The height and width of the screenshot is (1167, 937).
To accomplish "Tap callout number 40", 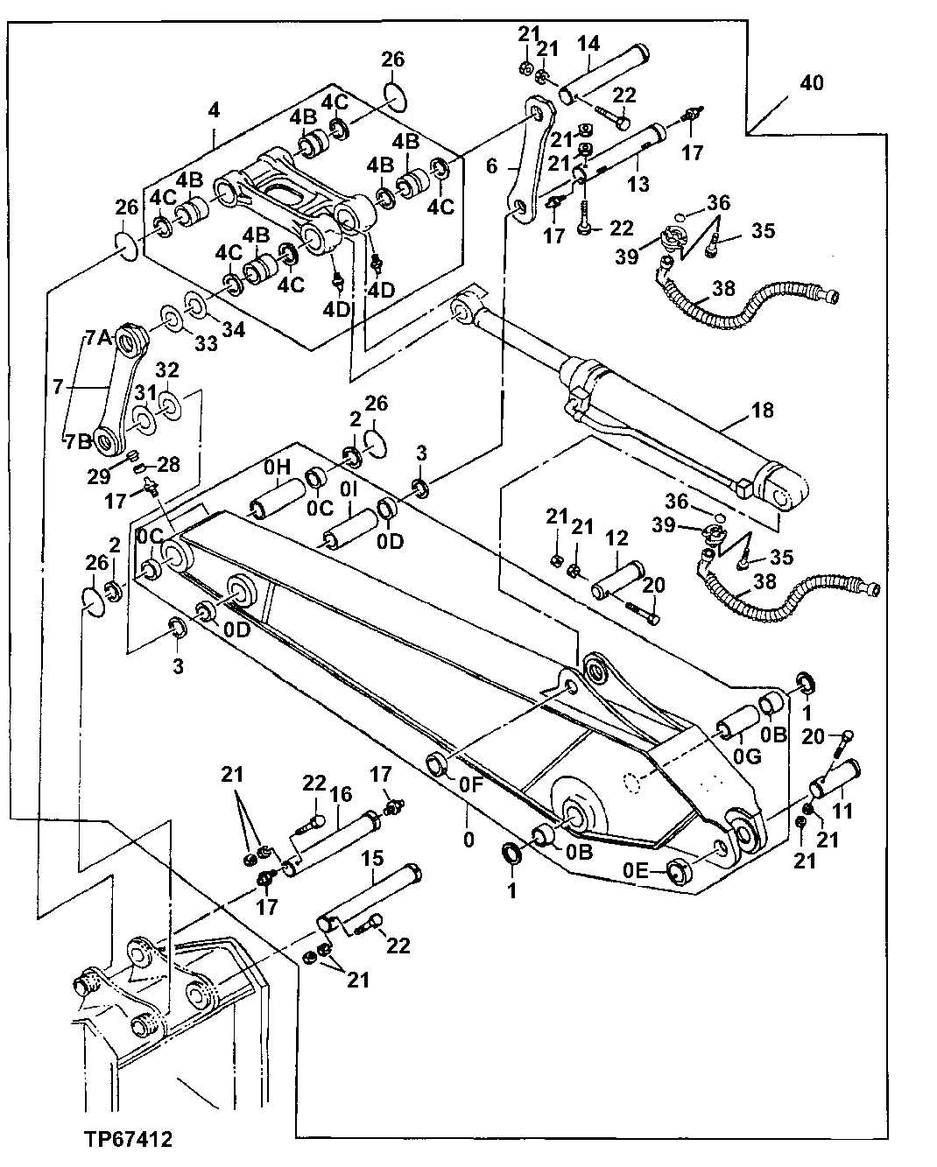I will pos(811,83).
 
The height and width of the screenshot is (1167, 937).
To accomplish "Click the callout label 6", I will pos(491,165).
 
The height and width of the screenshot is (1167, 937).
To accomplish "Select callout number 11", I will pos(842,811).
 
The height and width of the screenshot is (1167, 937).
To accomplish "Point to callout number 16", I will pos(341,794).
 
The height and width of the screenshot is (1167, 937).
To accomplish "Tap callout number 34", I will pos(234,331).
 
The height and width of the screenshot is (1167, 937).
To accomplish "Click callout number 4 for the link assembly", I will pos(214,110).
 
